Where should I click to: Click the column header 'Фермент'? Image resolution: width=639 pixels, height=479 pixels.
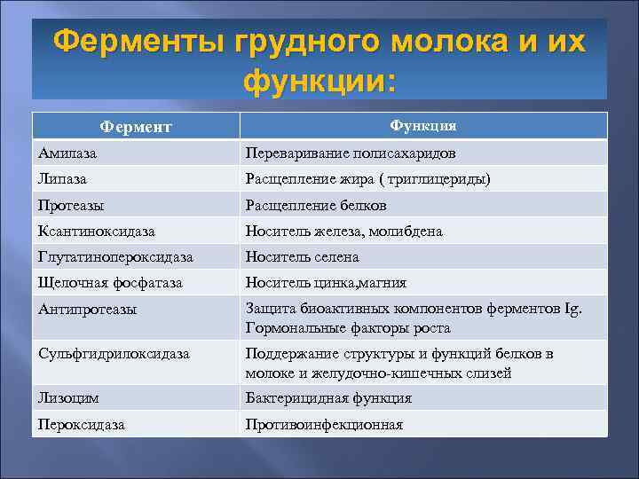tap(136, 128)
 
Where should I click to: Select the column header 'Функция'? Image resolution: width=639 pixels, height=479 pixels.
tap(422, 126)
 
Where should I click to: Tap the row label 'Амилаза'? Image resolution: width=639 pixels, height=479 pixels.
tap(67, 153)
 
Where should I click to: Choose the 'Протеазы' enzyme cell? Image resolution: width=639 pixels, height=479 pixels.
tap(70, 206)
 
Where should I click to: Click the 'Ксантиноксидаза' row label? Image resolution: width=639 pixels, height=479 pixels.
tap(96, 232)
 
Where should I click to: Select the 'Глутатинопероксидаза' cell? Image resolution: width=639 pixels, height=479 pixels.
tap(115, 257)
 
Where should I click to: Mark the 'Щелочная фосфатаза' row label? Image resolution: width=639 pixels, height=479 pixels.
tap(110, 283)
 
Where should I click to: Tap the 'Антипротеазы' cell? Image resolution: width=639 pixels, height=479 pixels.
tap(87, 310)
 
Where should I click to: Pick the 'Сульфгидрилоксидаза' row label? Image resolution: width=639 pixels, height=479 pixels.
tap(113, 354)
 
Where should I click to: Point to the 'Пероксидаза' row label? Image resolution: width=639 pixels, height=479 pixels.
tap(81, 425)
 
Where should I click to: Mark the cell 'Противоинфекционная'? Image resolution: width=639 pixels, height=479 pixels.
tap(324, 425)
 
